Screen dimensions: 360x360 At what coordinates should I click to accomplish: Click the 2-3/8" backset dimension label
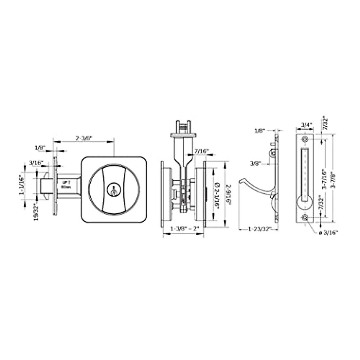(x=84, y=138)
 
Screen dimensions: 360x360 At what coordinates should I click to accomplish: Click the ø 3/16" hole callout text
(x=328, y=232)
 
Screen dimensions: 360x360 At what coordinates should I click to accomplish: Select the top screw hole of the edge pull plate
(x=305, y=139)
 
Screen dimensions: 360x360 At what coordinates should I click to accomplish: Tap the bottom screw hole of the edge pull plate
(x=305, y=217)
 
